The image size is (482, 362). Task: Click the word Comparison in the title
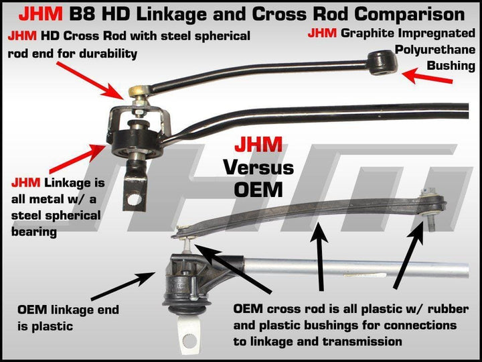400,13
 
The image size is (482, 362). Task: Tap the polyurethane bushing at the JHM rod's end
387,62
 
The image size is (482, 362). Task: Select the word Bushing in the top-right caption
452,66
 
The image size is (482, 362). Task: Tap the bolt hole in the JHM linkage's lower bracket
138,198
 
